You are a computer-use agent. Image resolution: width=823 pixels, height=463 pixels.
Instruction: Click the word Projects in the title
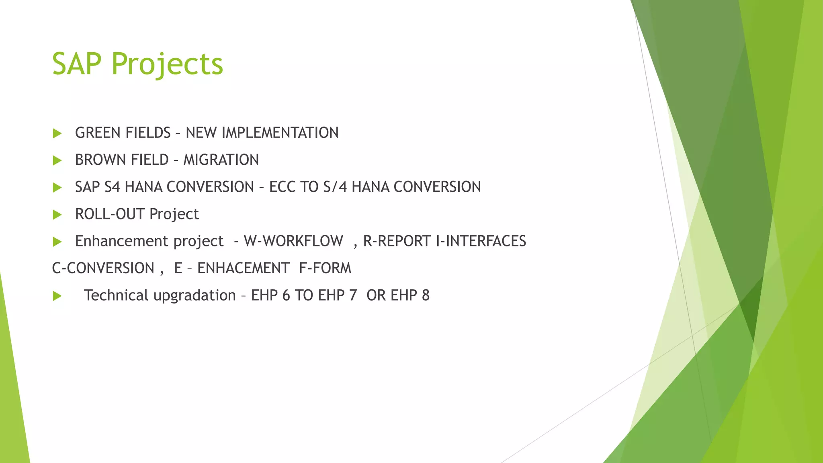[167, 64]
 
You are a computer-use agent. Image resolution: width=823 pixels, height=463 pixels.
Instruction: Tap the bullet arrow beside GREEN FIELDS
[57, 133]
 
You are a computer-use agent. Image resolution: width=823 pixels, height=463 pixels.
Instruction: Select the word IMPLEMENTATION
[280, 133]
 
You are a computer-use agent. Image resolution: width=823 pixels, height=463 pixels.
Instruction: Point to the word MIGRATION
[221, 160]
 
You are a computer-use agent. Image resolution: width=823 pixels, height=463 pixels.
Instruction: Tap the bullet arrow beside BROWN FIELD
[57, 160]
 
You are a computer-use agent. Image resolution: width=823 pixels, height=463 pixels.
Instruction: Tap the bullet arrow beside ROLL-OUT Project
[57, 215]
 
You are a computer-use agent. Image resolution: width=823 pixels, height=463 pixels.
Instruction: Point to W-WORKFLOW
[293, 241]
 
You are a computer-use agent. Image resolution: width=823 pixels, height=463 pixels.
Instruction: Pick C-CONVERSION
[103, 268]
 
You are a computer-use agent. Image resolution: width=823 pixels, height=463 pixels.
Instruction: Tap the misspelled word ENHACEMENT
[243, 268]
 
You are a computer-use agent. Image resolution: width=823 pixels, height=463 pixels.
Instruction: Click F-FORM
[325, 268]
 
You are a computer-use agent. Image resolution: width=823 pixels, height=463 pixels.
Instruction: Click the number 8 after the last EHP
[426, 295]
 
